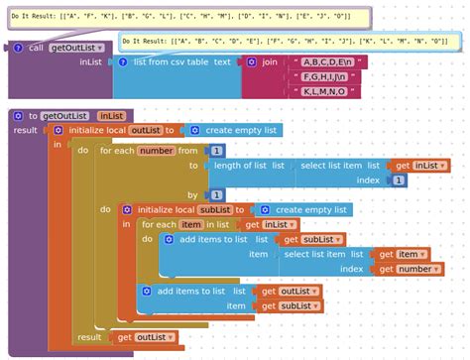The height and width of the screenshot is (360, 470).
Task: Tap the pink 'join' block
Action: [269, 61]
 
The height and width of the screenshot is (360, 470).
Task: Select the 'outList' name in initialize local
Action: [145, 130]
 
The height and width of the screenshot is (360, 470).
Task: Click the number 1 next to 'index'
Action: [398, 180]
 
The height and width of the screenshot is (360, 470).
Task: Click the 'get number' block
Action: [406, 269]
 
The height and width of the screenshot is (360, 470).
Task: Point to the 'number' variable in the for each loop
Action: [157, 151]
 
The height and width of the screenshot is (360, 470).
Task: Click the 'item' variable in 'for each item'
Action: [191, 225]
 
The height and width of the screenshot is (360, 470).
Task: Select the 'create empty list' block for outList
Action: [234, 130]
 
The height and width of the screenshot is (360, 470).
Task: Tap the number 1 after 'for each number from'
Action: [215, 151]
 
